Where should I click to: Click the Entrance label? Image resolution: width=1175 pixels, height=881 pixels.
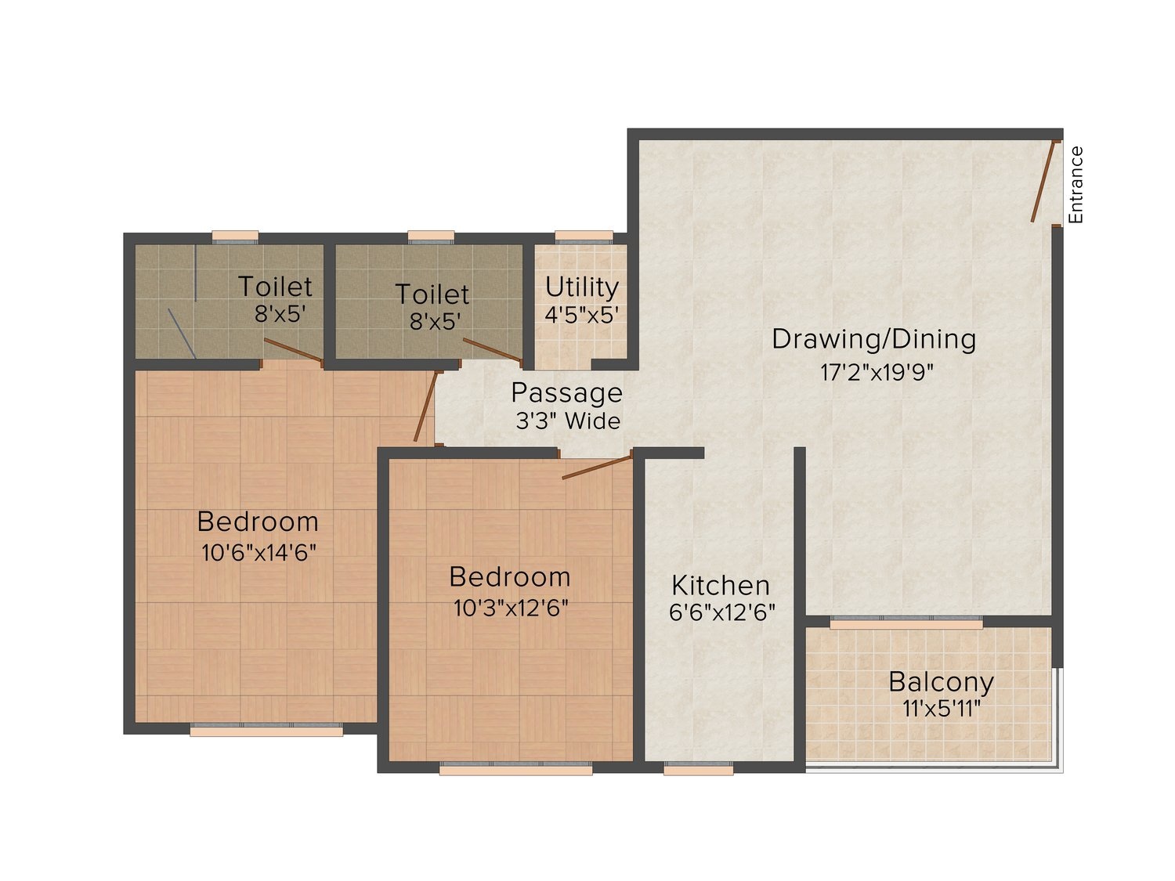[x=1076, y=185]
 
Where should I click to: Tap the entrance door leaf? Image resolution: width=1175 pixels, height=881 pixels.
[x=1044, y=181]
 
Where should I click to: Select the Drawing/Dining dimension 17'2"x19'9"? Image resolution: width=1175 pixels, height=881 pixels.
[x=877, y=372]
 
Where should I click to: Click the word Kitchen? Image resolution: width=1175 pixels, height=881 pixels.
[x=721, y=585]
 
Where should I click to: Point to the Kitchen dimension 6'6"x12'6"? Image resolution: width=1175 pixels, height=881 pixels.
[x=721, y=612]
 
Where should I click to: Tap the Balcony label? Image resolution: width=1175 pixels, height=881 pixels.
[x=941, y=681]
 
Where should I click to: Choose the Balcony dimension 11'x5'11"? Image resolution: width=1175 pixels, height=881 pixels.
[x=941, y=709]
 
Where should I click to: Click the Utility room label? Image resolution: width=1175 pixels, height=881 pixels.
[x=581, y=287]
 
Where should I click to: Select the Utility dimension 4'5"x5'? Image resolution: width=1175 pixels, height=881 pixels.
[x=581, y=315]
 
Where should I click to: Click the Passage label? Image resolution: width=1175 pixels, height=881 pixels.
[x=566, y=392]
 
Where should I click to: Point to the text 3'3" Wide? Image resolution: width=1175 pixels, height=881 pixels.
[x=567, y=421]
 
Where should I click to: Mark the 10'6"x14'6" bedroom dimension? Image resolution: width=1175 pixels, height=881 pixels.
[x=258, y=552]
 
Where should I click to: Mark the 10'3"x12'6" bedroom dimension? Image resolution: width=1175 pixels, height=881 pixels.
[x=511, y=608]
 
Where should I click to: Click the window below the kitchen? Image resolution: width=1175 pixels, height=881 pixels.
[x=698, y=770]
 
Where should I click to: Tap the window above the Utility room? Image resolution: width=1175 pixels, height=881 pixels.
[x=584, y=236]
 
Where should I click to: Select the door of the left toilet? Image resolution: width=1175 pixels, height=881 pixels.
[x=293, y=352]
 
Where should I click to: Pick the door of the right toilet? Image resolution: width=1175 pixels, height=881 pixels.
[x=492, y=351]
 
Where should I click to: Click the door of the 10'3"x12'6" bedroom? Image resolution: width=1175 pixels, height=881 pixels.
[x=597, y=466]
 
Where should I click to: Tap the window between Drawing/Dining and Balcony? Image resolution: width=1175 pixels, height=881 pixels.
[x=906, y=623]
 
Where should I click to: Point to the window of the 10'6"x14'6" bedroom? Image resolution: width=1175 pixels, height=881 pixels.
[x=266, y=730]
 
